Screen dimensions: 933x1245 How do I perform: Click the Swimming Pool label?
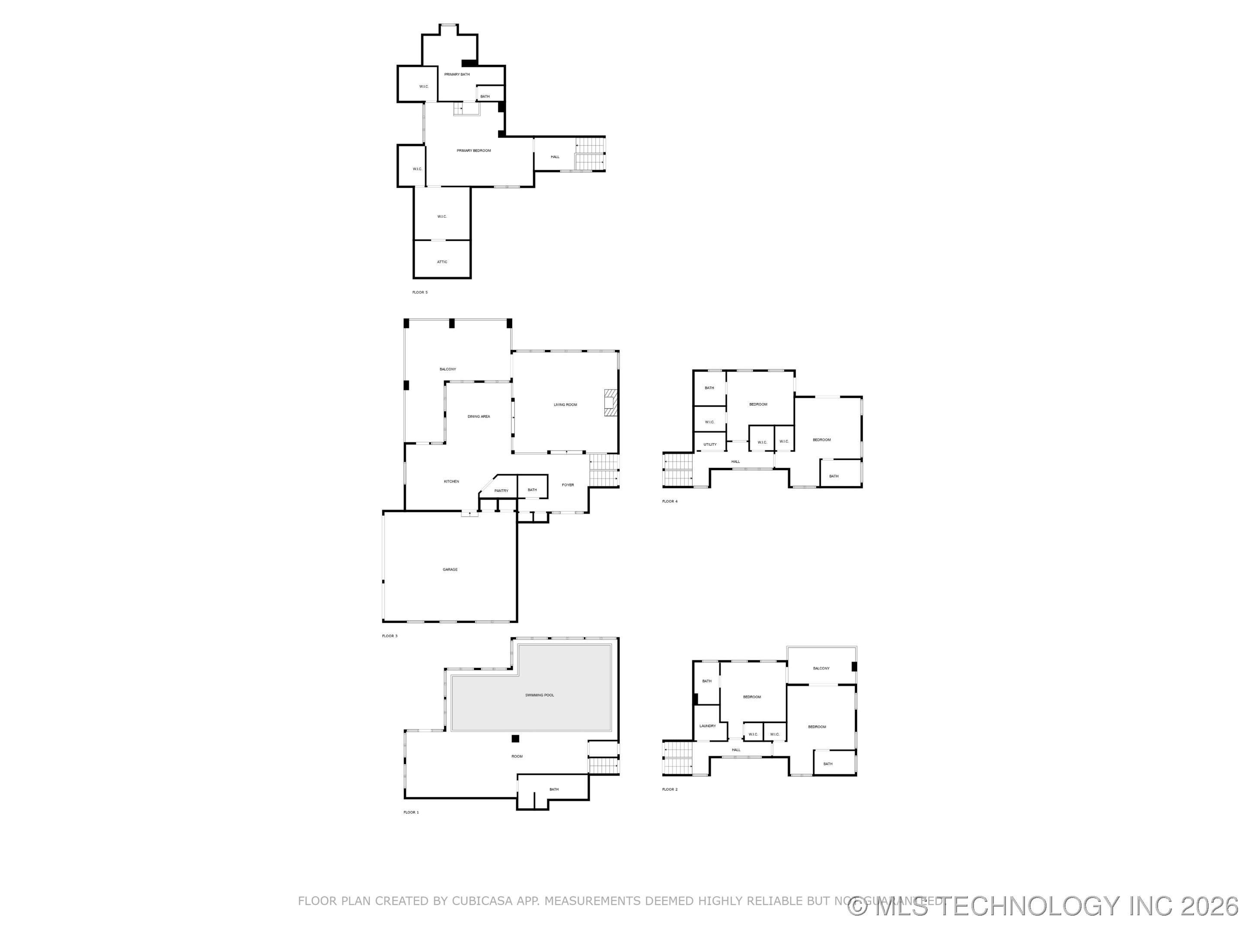point(539,695)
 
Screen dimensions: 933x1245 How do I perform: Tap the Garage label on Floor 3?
point(450,570)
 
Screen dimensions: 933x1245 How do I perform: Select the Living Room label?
point(565,405)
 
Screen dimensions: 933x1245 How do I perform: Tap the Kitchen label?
point(451,482)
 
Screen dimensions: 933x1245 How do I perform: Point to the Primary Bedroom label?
point(473,151)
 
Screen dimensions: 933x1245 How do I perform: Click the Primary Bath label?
point(456,74)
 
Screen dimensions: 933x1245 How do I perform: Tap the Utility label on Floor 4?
point(710,445)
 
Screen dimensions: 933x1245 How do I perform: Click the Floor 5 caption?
point(420,292)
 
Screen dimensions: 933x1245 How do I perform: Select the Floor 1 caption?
point(411,812)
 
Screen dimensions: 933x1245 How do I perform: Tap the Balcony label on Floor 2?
point(821,669)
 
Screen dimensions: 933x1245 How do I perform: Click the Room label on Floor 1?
point(517,756)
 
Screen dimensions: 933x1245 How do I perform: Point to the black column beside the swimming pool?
point(515,739)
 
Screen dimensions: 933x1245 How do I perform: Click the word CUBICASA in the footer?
point(482,901)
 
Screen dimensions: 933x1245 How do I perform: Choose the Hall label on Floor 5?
point(555,157)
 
